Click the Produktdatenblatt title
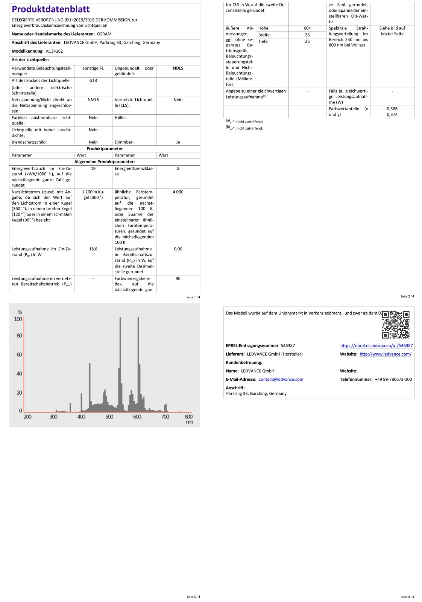[x=51, y=9]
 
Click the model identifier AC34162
[x=55, y=51]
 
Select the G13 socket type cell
[x=93, y=81]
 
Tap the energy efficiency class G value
[x=178, y=169]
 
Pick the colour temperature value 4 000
[x=178, y=192]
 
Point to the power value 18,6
[x=93, y=249]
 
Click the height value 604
[x=307, y=28]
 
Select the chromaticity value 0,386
[x=392, y=109]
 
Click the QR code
[x=396, y=325]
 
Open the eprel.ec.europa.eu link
[x=376, y=345]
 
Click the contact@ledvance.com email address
[x=281, y=379]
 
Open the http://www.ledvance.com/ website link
[x=386, y=354]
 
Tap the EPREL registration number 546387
[x=288, y=345]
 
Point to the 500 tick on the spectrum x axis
[x=109, y=417]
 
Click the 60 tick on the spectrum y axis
[x=19, y=354]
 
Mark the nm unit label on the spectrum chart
[x=189, y=422]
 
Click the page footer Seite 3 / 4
[x=193, y=597]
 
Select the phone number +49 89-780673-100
[x=393, y=379]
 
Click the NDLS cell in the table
[x=178, y=68]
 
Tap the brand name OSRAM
[x=104, y=34]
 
